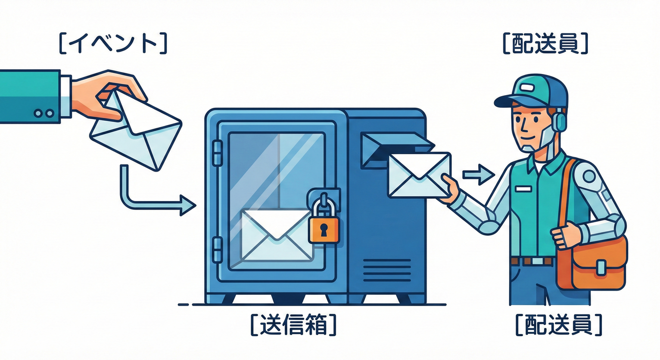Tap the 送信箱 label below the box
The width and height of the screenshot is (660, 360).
point(293,324)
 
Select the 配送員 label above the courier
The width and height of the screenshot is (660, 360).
point(545,44)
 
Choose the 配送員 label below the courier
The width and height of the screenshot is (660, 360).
point(558,324)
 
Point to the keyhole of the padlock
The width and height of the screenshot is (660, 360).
point(324,229)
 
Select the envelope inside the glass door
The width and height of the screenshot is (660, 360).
point(276,234)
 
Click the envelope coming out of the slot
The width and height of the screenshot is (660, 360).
point(419,174)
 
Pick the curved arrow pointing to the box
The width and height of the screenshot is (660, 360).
point(150,197)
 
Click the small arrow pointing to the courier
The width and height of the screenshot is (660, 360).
point(478,175)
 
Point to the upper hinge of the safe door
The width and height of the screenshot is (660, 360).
point(217,153)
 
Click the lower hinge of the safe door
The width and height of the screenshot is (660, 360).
point(217,249)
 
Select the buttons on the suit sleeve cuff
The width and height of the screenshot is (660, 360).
point(44,113)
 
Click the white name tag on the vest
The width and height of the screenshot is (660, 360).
point(523,188)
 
